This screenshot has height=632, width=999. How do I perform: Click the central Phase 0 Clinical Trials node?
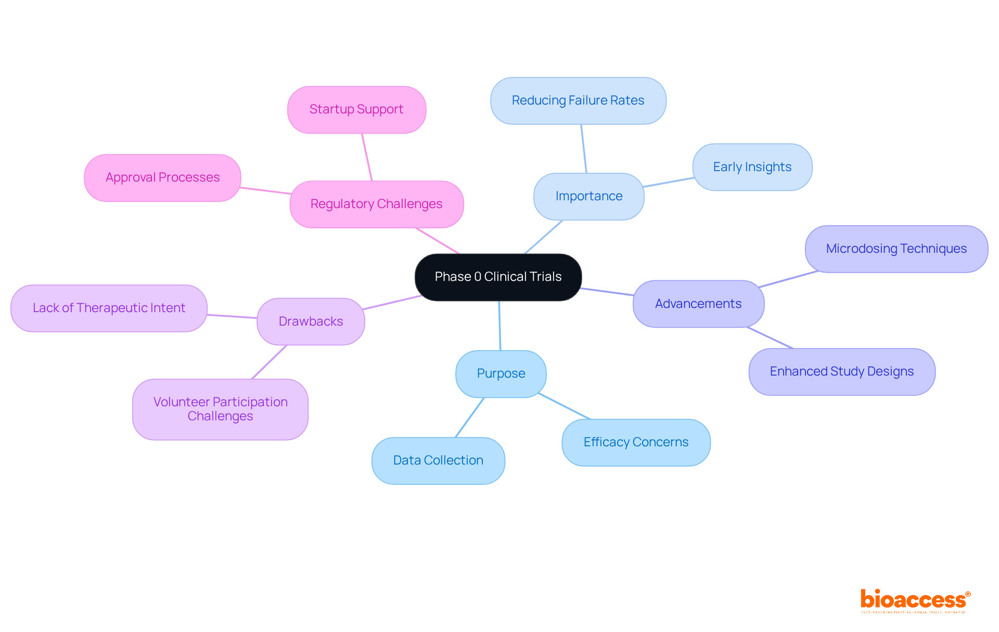click(498, 277)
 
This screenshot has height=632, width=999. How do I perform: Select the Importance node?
click(588, 196)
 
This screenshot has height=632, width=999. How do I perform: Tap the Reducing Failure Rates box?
click(578, 100)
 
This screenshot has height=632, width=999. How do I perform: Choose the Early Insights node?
click(752, 167)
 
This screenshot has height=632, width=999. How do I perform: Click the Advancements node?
click(698, 304)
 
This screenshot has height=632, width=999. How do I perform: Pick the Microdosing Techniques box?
click(896, 249)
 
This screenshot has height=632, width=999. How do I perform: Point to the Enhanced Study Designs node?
click(841, 371)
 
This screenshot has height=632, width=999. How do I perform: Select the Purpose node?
click(501, 373)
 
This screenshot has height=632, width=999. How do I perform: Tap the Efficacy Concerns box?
click(635, 442)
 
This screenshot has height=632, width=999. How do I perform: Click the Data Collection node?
click(438, 460)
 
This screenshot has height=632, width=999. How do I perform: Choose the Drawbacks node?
click(311, 321)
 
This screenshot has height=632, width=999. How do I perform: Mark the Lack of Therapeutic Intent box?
click(109, 308)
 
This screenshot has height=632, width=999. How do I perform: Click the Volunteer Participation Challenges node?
click(220, 409)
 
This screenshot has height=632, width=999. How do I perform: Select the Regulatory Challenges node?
click(376, 204)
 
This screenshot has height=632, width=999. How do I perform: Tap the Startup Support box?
click(356, 109)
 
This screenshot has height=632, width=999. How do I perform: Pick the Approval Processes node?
click(162, 177)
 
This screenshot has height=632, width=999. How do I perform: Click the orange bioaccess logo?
click(914, 600)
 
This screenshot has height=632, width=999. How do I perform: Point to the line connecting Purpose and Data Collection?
click(470, 417)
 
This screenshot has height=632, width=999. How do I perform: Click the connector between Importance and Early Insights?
click(669, 182)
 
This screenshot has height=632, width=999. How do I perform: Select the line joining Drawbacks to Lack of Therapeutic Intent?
click(232, 316)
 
